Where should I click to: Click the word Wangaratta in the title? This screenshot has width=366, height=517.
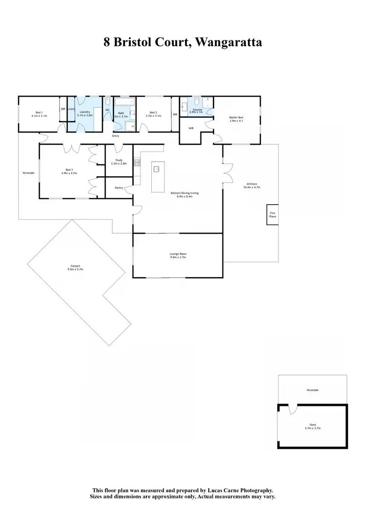pyautogui.click(x=229, y=42)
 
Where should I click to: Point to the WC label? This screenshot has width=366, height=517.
pyautogui.click(x=107, y=110)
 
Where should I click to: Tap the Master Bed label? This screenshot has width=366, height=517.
pyautogui.click(x=236, y=117)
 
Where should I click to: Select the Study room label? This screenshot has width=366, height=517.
pyautogui.click(x=119, y=160)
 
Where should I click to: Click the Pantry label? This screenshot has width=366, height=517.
pyautogui.click(x=119, y=188)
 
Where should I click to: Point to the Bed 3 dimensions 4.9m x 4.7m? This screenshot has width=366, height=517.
pyautogui.click(x=69, y=173)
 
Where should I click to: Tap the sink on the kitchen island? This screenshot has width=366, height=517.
pyautogui.click(x=157, y=169)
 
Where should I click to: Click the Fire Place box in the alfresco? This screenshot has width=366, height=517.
pyautogui.click(x=272, y=215)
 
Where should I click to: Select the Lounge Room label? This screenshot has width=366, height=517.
pyautogui.click(x=178, y=254)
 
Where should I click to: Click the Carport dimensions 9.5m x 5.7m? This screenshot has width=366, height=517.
pyautogui.click(x=75, y=269)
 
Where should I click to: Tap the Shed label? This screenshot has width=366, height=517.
pyautogui.click(x=312, y=425)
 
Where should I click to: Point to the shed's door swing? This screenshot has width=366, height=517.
pyautogui.click(x=292, y=409)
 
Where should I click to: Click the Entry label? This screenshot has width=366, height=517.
pyautogui.click(x=116, y=136)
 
